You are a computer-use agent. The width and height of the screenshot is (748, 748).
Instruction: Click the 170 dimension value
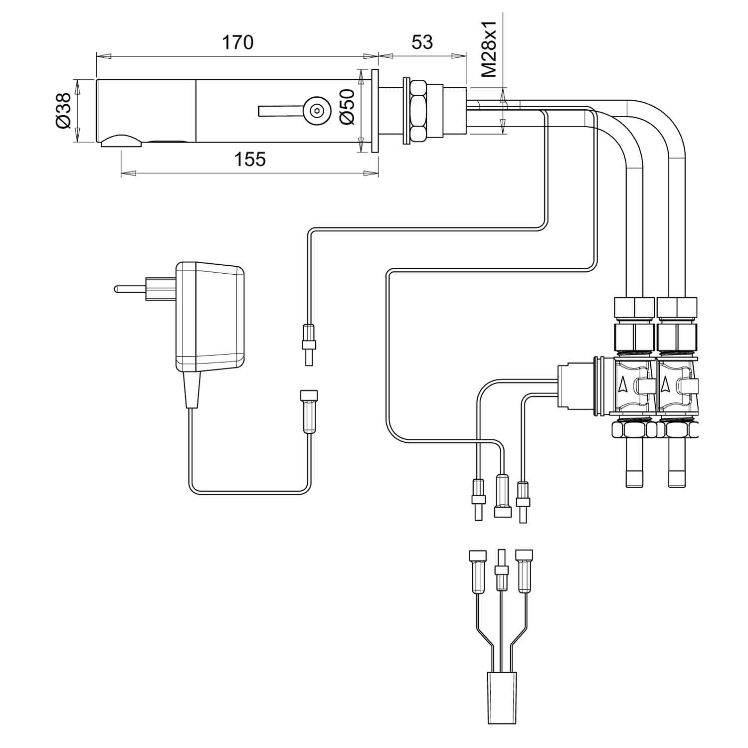(237, 43)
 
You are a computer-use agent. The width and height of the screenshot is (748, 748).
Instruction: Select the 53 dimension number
(422, 43)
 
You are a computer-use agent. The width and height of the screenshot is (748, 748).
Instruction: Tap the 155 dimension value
(250, 160)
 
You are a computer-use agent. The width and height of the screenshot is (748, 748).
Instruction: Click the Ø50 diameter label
(347, 107)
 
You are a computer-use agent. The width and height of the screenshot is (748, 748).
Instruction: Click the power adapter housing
(209, 317)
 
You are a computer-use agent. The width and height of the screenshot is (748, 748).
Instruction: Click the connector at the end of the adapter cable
(308, 411)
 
